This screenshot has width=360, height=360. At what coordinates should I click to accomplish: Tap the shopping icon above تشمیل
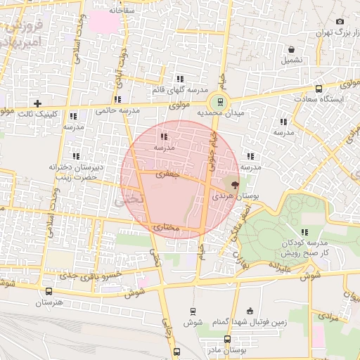[x=291, y=49]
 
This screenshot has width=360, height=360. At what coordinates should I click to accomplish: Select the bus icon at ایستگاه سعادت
[x=319, y=89]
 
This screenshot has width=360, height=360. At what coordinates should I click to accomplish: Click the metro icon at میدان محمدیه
[x=221, y=101]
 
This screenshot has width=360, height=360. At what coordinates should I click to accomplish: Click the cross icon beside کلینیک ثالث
[x=38, y=103]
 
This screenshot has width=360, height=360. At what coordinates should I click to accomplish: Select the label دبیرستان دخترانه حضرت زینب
[x=76, y=172]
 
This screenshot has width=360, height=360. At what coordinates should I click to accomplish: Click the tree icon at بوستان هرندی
[x=234, y=184]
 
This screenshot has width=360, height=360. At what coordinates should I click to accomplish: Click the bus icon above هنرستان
[x=49, y=291]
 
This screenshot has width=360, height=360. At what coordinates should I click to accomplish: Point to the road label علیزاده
[x=278, y=267]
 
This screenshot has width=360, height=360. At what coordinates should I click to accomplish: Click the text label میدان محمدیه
[x=219, y=112]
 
